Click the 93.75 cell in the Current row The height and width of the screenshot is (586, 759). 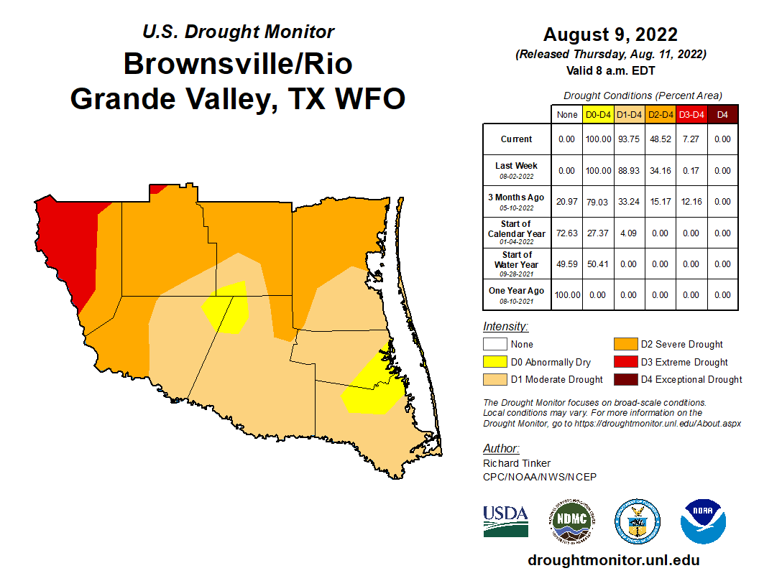click(x=629, y=139)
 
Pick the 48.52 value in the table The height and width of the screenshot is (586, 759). click(x=661, y=139)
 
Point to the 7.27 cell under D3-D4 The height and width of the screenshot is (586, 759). click(x=691, y=139)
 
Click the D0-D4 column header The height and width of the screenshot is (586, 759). click(x=598, y=114)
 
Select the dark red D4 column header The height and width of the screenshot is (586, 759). click(x=722, y=114)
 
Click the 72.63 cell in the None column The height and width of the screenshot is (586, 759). click(x=566, y=233)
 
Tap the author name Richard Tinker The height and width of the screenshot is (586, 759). click(x=517, y=463)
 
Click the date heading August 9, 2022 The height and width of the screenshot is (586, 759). click(x=610, y=34)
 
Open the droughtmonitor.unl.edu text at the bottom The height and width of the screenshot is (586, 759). click(x=613, y=560)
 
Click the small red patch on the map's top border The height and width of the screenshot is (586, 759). click(x=157, y=189)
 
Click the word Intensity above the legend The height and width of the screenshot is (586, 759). click(x=505, y=326)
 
